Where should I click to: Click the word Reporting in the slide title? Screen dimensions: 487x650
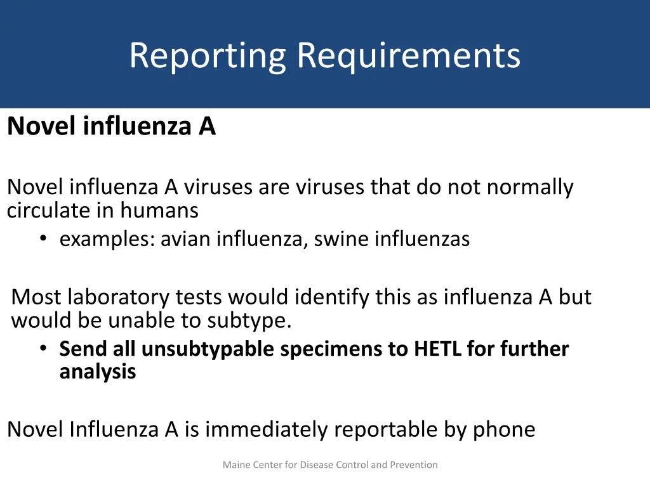208,56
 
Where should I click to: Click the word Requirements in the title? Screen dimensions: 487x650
409,56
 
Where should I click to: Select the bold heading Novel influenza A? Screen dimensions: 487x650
112,127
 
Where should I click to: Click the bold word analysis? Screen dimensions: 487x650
98,372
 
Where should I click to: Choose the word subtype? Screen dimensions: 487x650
249,321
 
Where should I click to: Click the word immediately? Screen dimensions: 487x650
267,430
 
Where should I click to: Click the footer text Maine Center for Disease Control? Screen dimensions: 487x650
330,465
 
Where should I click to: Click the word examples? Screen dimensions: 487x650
107,239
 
